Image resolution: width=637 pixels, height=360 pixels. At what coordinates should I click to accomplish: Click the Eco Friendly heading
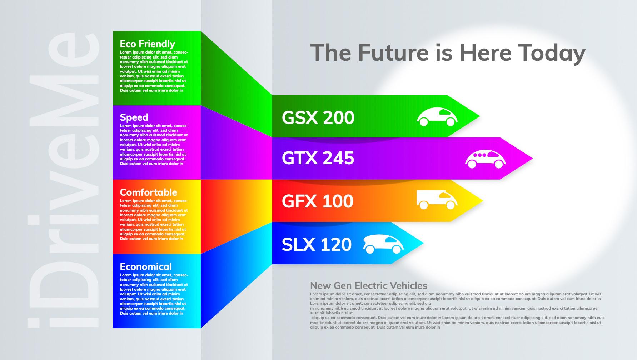[147, 44]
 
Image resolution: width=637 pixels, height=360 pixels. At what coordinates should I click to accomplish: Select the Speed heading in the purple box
[134, 117]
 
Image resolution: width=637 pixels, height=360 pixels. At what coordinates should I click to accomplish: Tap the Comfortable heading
[148, 192]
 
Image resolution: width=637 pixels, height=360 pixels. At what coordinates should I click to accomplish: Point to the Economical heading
[146, 266]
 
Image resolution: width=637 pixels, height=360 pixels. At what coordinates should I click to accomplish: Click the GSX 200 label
[318, 117]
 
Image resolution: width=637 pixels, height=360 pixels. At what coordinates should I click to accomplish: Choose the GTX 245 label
[318, 158]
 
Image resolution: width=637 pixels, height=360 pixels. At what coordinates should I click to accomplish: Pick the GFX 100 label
[318, 201]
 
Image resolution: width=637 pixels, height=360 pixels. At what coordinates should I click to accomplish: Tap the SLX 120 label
[317, 244]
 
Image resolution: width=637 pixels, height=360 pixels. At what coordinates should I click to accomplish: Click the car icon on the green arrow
[437, 117]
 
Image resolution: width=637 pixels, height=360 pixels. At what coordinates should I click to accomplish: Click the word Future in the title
[393, 52]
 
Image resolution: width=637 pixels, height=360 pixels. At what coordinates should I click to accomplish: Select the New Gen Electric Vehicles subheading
[369, 285]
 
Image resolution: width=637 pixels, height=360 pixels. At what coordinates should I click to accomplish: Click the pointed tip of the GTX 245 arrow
[533, 158]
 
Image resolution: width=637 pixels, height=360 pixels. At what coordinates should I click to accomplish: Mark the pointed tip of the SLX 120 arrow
[424, 243]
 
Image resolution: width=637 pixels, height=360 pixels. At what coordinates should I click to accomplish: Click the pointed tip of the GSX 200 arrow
[480, 116]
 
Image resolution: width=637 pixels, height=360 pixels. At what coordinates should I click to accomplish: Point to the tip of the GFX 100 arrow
[483, 201]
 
